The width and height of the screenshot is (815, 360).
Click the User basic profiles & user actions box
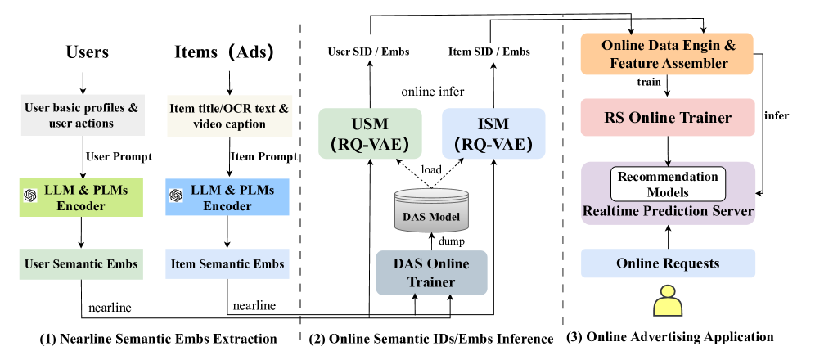click(x=82, y=115)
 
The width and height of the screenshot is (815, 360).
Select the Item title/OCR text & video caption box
click(x=229, y=115)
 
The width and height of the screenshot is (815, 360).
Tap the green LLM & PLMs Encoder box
click(x=82, y=198)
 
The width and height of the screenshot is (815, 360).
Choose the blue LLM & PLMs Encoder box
click(x=227, y=198)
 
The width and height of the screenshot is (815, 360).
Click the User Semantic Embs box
click(x=81, y=264)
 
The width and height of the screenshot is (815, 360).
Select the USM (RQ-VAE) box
click(x=370, y=133)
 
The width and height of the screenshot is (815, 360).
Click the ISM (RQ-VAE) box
click(x=493, y=133)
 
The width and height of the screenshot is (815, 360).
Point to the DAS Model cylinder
click(x=431, y=211)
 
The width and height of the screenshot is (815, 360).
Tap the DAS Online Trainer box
click(x=431, y=273)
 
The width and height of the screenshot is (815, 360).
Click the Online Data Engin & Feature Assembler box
click(x=667, y=54)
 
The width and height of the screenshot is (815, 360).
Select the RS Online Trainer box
click(x=667, y=118)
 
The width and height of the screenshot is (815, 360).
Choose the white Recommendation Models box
click(x=668, y=184)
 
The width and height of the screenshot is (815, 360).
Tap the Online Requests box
click(x=668, y=263)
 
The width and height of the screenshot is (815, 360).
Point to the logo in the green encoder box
click(x=30, y=195)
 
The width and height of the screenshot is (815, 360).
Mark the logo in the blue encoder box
click(x=175, y=195)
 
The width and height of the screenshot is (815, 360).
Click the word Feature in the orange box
click(x=638, y=63)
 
